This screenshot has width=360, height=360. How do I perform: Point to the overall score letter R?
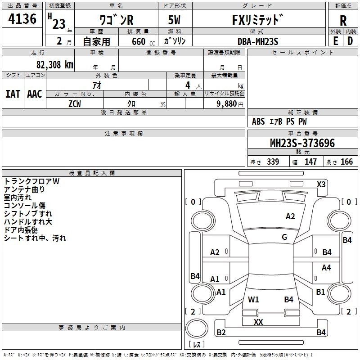(x=343, y=21)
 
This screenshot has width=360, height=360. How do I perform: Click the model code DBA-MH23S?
(x=258, y=41)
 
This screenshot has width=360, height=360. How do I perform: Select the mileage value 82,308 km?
(x=54, y=64)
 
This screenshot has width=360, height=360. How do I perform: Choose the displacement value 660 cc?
(x=137, y=41)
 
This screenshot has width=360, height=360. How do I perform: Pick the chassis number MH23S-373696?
(x=302, y=144)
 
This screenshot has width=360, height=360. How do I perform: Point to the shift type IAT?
(x=13, y=94)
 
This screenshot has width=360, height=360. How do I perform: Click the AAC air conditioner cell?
(x=34, y=94)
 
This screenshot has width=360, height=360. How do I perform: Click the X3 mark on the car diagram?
(x=321, y=184)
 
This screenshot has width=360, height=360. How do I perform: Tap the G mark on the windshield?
(x=284, y=237)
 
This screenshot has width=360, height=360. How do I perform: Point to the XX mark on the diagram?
(x=258, y=322)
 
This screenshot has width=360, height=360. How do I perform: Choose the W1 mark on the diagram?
(x=253, y=299)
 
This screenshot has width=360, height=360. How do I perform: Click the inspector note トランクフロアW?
(x=32, y=181)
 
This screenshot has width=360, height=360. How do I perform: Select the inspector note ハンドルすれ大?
(x=28, y=222)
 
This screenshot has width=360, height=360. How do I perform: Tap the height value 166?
(x=346, y=162)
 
